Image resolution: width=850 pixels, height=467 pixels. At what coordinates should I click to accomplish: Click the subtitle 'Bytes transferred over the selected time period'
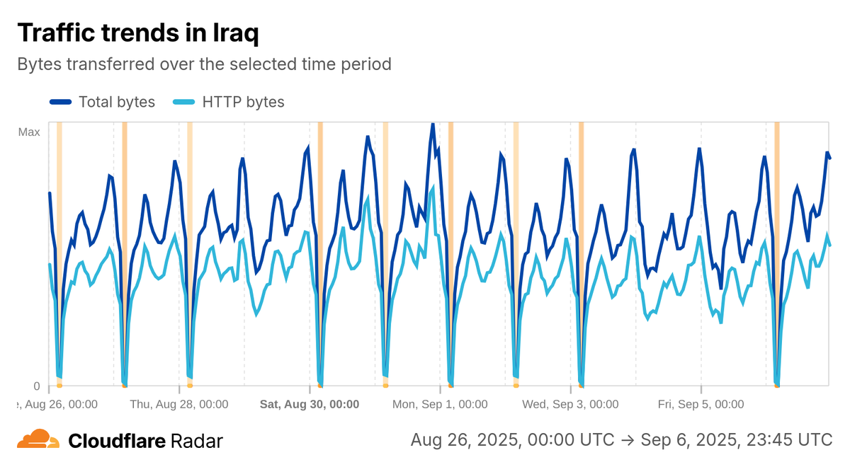click(204, 64)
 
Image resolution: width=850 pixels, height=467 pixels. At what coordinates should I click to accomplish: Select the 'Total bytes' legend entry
click(117, 102)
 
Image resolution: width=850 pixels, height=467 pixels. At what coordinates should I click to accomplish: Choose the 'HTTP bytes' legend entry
click(243, 102)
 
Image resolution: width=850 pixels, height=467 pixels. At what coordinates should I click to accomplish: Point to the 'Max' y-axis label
click(29, 132)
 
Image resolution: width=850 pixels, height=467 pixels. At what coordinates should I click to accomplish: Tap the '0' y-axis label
click(37, 386)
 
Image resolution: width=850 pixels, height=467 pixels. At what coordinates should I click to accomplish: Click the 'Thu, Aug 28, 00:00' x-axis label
click(179, 405)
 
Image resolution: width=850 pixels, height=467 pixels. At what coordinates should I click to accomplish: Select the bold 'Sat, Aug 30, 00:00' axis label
click(310, 405)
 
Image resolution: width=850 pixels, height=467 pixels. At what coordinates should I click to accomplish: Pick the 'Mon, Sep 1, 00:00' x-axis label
click(440, 405)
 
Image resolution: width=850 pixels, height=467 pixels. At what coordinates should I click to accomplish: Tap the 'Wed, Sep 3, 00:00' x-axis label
click(570, 405)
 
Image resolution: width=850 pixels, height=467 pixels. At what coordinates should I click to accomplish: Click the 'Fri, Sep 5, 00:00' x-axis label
click(701, 405)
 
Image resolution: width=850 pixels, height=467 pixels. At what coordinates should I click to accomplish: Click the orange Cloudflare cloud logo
click(38, 439)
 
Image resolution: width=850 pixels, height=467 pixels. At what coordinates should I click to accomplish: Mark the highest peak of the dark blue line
click(432, 125)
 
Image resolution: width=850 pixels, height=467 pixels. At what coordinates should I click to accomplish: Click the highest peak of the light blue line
click(432, 188)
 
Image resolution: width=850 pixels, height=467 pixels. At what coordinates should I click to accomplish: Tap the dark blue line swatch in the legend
click(61, 102)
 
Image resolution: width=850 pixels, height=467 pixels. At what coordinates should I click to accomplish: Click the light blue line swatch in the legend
click(184, 102)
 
